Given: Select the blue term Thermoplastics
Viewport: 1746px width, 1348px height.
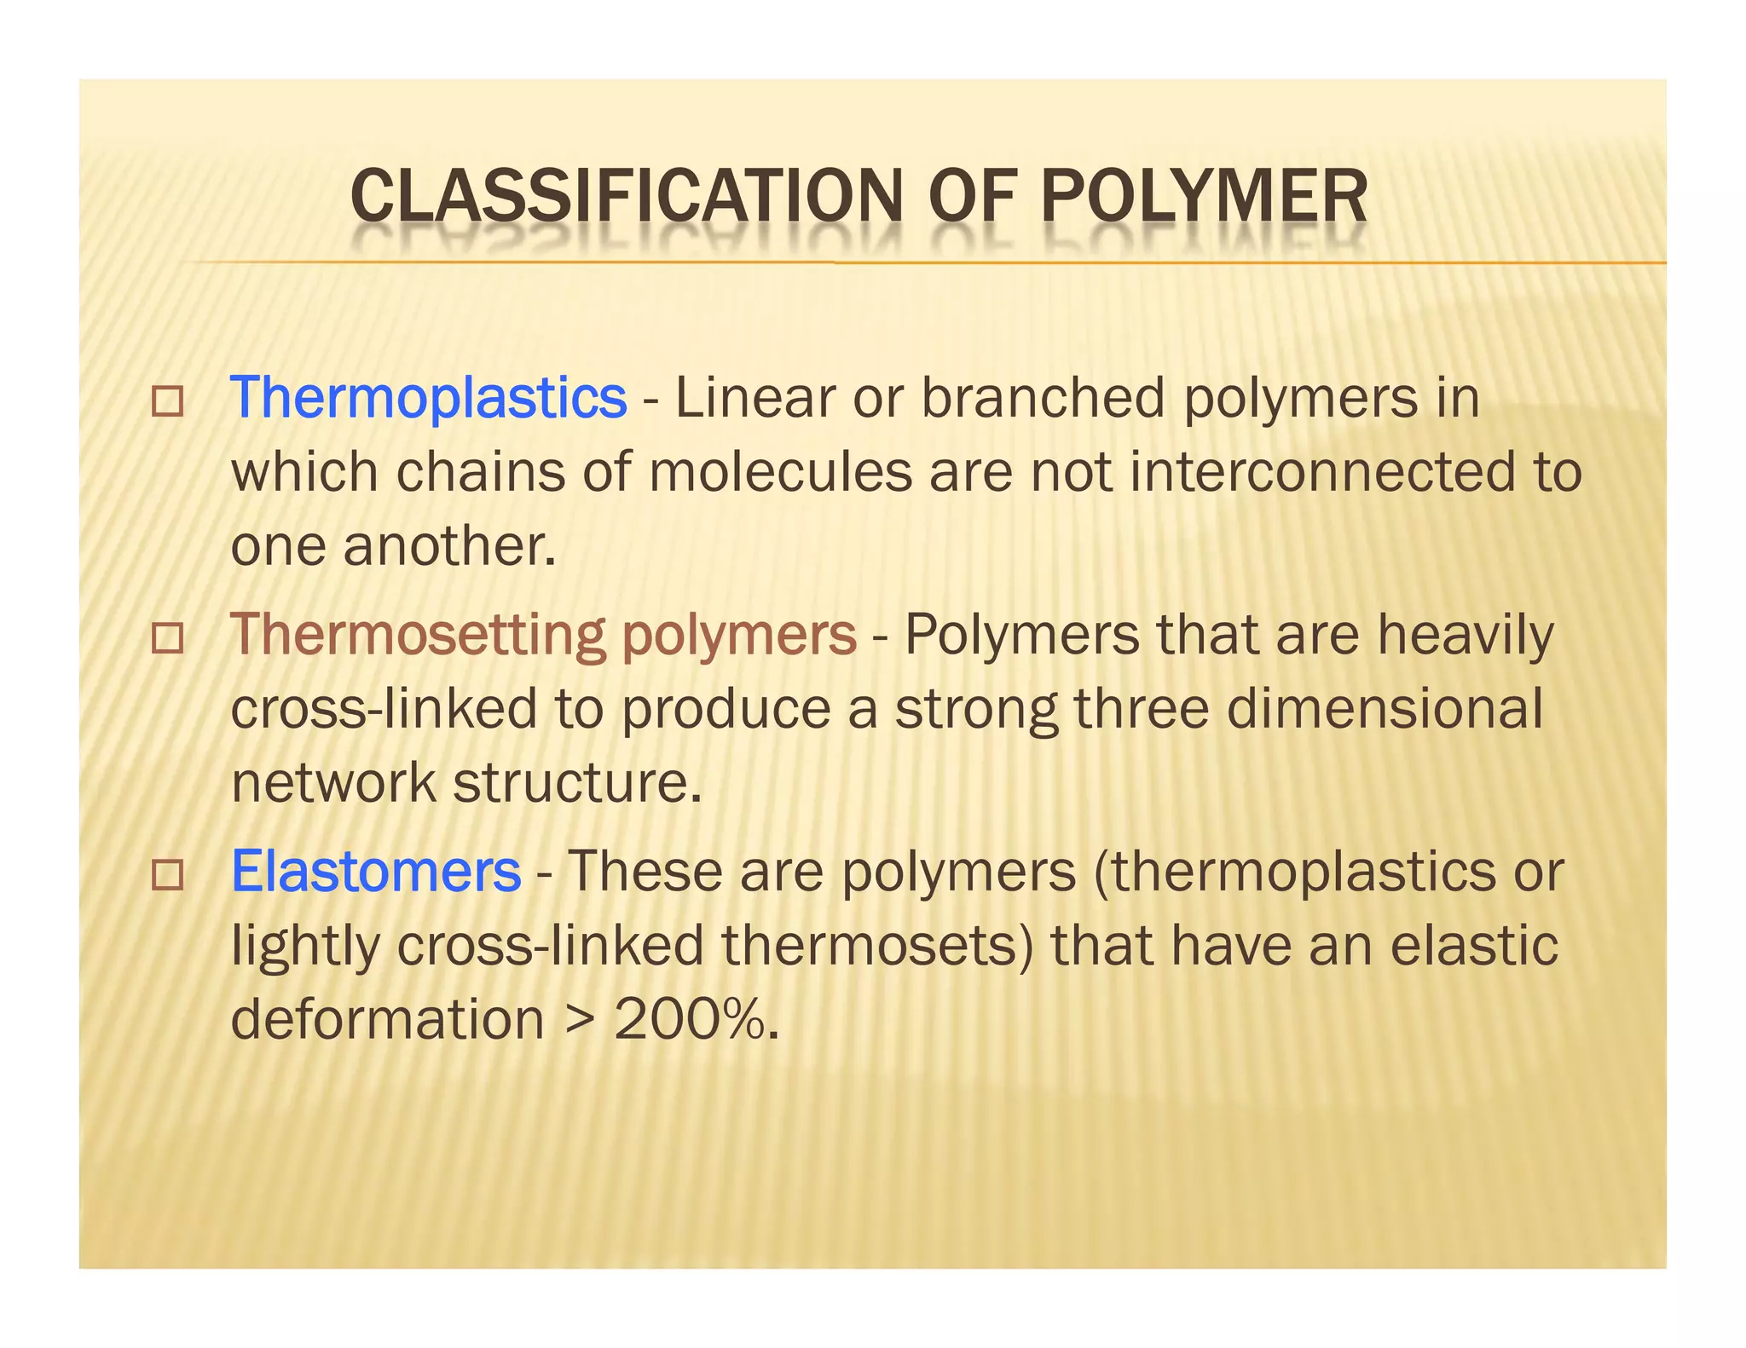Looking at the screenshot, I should [428, 398].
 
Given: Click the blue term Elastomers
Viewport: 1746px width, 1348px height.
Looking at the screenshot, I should [376, 872].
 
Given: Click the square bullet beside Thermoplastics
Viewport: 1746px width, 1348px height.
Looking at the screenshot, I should [167, 402].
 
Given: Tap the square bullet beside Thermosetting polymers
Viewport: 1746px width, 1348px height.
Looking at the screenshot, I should [167, 638].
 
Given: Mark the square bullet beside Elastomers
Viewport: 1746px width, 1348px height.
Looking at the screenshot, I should [167, 875].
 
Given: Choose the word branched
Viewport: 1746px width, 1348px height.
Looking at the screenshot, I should [1043, 398].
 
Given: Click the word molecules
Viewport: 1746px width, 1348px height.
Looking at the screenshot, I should [780, 472].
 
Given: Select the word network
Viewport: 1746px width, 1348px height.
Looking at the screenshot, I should [333, 782].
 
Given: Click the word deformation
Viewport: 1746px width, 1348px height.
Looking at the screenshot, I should [387, 1019].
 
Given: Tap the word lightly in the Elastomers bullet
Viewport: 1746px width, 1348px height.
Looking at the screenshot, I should [305, 948].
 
